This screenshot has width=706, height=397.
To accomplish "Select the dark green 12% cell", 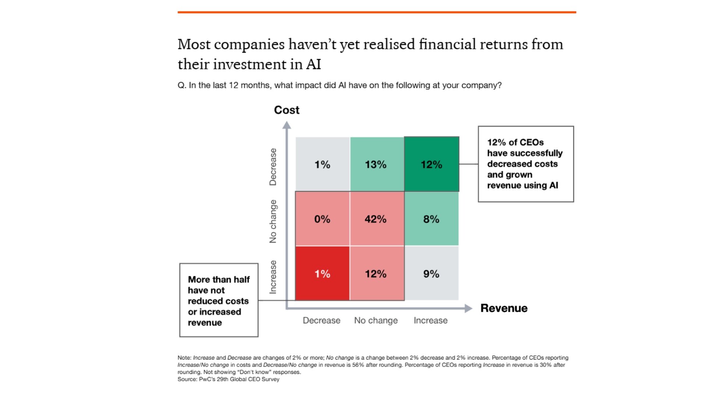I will (431, 164).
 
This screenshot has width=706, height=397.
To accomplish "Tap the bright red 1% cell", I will (322, 273).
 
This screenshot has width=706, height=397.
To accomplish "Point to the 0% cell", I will (322, 219).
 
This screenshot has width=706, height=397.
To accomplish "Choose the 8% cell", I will (431, 219).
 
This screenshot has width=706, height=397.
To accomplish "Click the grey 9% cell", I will (431, 273).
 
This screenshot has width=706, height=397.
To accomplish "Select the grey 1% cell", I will (322, 164).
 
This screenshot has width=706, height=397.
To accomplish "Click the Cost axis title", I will (286, 110).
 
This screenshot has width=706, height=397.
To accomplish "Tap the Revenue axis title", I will (504, 308).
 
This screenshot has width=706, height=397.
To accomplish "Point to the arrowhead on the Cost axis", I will (286, 125).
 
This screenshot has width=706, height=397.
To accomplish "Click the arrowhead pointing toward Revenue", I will (468, 308).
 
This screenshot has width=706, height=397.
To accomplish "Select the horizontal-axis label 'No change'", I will (376, 321).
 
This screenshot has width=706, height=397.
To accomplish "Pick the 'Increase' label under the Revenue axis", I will (431, 321).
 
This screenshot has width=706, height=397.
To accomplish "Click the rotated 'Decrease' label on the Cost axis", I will (273, 167).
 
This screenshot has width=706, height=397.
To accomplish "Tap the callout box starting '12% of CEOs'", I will (525, 164).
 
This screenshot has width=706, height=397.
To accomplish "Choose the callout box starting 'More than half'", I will (219, 300).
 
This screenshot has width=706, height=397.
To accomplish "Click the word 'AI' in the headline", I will (313, 64).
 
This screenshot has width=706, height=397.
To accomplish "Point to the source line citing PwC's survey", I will (228, 379).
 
